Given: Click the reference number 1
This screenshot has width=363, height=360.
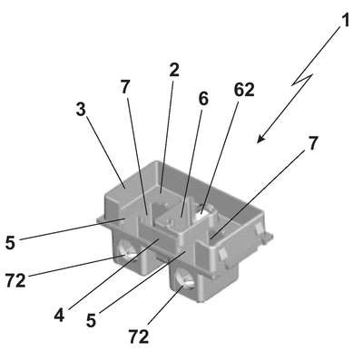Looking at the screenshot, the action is [x=344, y=21].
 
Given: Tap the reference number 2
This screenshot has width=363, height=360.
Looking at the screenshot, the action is [x=174, y=70].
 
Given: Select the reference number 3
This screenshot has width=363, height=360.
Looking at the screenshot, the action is [x=81, y=110].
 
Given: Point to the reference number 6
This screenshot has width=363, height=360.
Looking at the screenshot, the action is [x=203, y=99].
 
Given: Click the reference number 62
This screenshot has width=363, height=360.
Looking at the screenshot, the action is [x=244, y=90].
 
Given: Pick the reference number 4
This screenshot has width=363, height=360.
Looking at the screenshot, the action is [x=60, y=316].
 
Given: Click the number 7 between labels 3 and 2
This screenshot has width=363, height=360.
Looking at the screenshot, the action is [x=124, y=87].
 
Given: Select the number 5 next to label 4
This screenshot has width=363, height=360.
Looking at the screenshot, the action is [x=91, y=320].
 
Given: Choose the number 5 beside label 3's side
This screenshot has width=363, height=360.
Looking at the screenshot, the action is [x=10, y=242].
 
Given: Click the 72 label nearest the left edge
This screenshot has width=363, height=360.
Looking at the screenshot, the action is [x=15, y=281].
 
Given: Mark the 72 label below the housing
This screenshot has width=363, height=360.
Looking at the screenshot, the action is [x=139, y=336].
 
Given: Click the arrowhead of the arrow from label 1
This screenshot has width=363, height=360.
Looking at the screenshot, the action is [x=260, y=139].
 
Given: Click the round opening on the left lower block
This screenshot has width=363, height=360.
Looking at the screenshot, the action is [x=126, y=250].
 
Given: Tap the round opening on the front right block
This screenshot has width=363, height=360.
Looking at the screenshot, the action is [x=184, y=278].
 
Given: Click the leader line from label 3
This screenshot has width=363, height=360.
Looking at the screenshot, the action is [x=105, y=152].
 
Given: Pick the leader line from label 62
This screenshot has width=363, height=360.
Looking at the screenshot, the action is [x=220, y=155].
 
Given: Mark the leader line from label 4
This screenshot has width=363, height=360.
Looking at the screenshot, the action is [x=113, y=274].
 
